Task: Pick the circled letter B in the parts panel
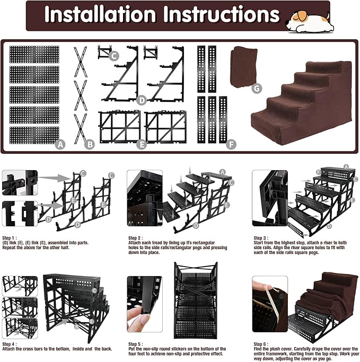pyautogui.click(x=90, y=143)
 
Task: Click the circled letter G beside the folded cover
pyautogui.click(x=257, y=89)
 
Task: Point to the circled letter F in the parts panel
pyautogui.click(x=231, y=143)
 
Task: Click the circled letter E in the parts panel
pyautogui.click(x=141, y=143)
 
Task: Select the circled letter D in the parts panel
pyautogui.click(x=141, y=100)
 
